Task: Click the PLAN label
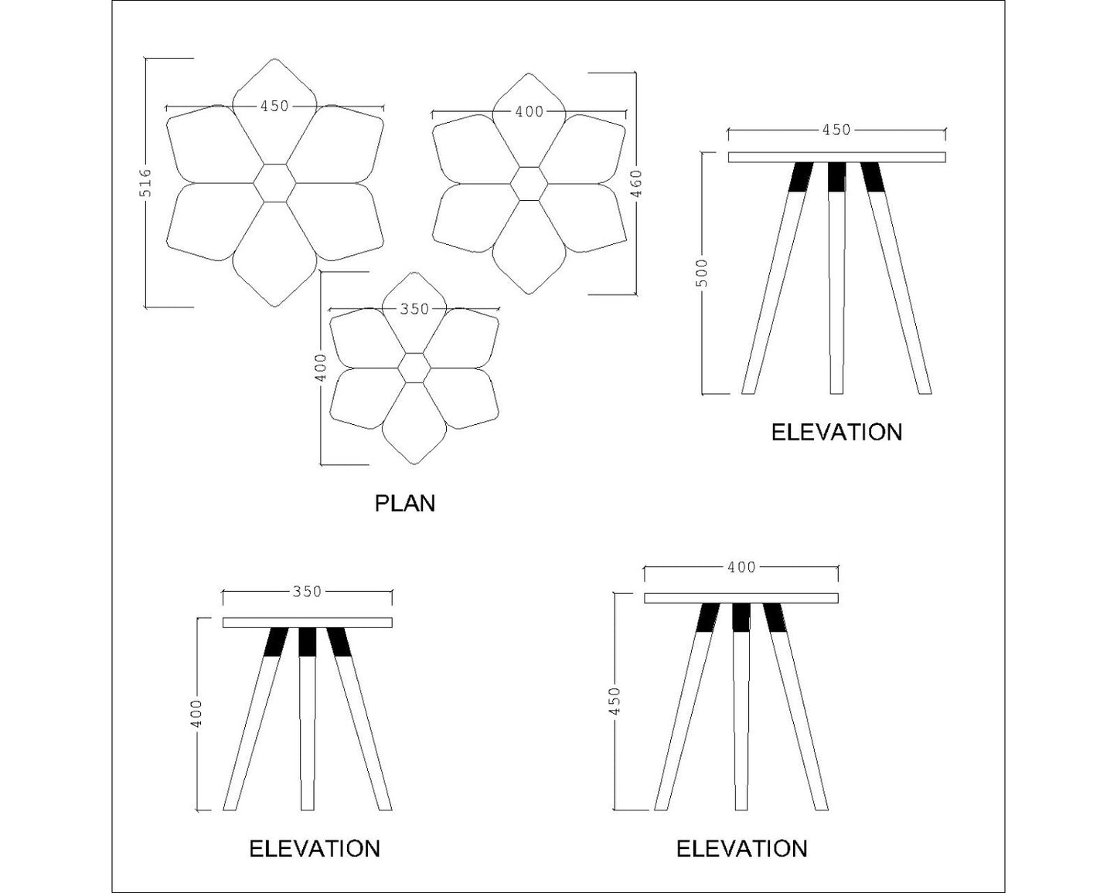pyautogui.click(x=405, y=504)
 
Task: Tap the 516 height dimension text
pyautogui.click(x=145, y=183)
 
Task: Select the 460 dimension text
pyautogui.click(x=636, y=184)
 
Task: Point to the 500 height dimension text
pyautogui.click(x=702, y=272)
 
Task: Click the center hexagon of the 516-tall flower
pyautogui.click(x=274, y=183)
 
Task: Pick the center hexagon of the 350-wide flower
pyautogui.click(x=415, y=368)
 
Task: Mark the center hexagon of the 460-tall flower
pyautogui.click(x=530, y=183)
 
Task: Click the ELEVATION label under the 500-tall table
pyautogui.click(x=836, y=432)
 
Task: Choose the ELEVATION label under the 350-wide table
pyautogui.click(x=314, y=849)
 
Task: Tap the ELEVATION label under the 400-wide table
pyautogui.click(x=741, y=849)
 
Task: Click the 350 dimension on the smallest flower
pyautogui.click(x=414, y=309)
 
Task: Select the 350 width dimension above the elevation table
pyautogui.click(x=307, y=592)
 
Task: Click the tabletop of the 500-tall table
pyautogui.click(x=836, y=158)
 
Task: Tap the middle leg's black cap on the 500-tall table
pyautogui.click(x=836, y=177)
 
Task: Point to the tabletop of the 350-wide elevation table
pyautogui.click(x=307, y=623)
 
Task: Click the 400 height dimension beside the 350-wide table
pyautogui.click(x=197, y=713)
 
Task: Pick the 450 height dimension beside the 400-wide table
pyautogui.click(x=615, y=701)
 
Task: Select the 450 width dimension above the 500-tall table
pyautogui.click(x=836, y=131)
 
